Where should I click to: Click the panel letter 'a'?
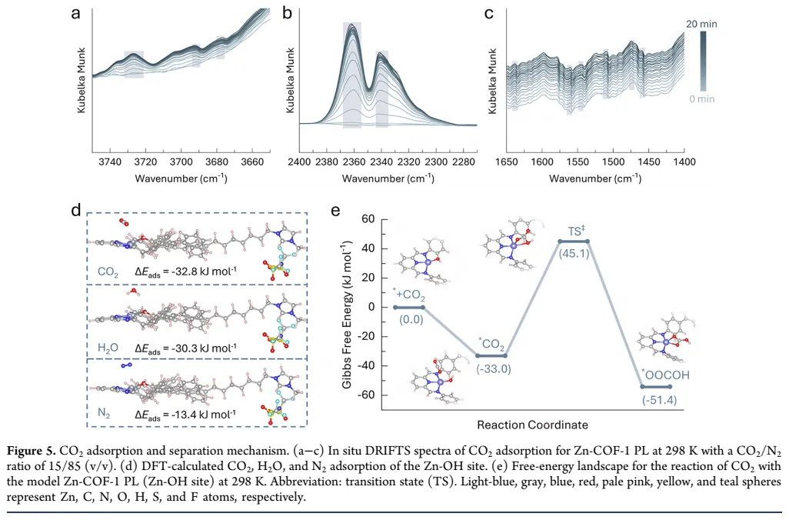76,12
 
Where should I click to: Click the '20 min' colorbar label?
702,25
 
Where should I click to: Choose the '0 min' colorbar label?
701,100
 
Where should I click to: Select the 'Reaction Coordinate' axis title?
532,425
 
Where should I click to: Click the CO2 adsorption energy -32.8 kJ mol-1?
186,271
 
